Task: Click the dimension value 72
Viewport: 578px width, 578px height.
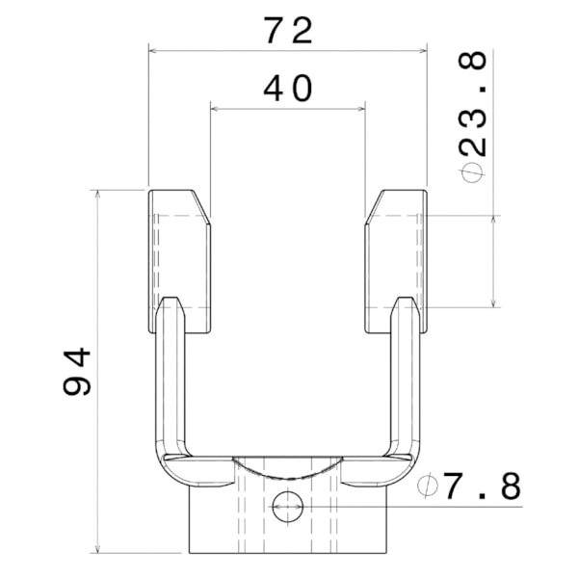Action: click(x=288, y=31)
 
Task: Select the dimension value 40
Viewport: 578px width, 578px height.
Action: click(x=288, y=89)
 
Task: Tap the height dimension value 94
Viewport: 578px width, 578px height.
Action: click(x=77, y=371)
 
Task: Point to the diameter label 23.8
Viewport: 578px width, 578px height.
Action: click(x=473, y=105)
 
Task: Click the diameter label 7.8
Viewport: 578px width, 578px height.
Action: click(x=483, y=486)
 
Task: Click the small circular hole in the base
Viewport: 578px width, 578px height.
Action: click(x=287, y=507)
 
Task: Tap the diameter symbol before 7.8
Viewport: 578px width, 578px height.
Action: click(x=428, y=486)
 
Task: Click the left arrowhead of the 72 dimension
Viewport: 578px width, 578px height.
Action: click(x=152, y=51)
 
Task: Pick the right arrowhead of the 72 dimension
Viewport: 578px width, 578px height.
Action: click(x=423, y=51)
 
